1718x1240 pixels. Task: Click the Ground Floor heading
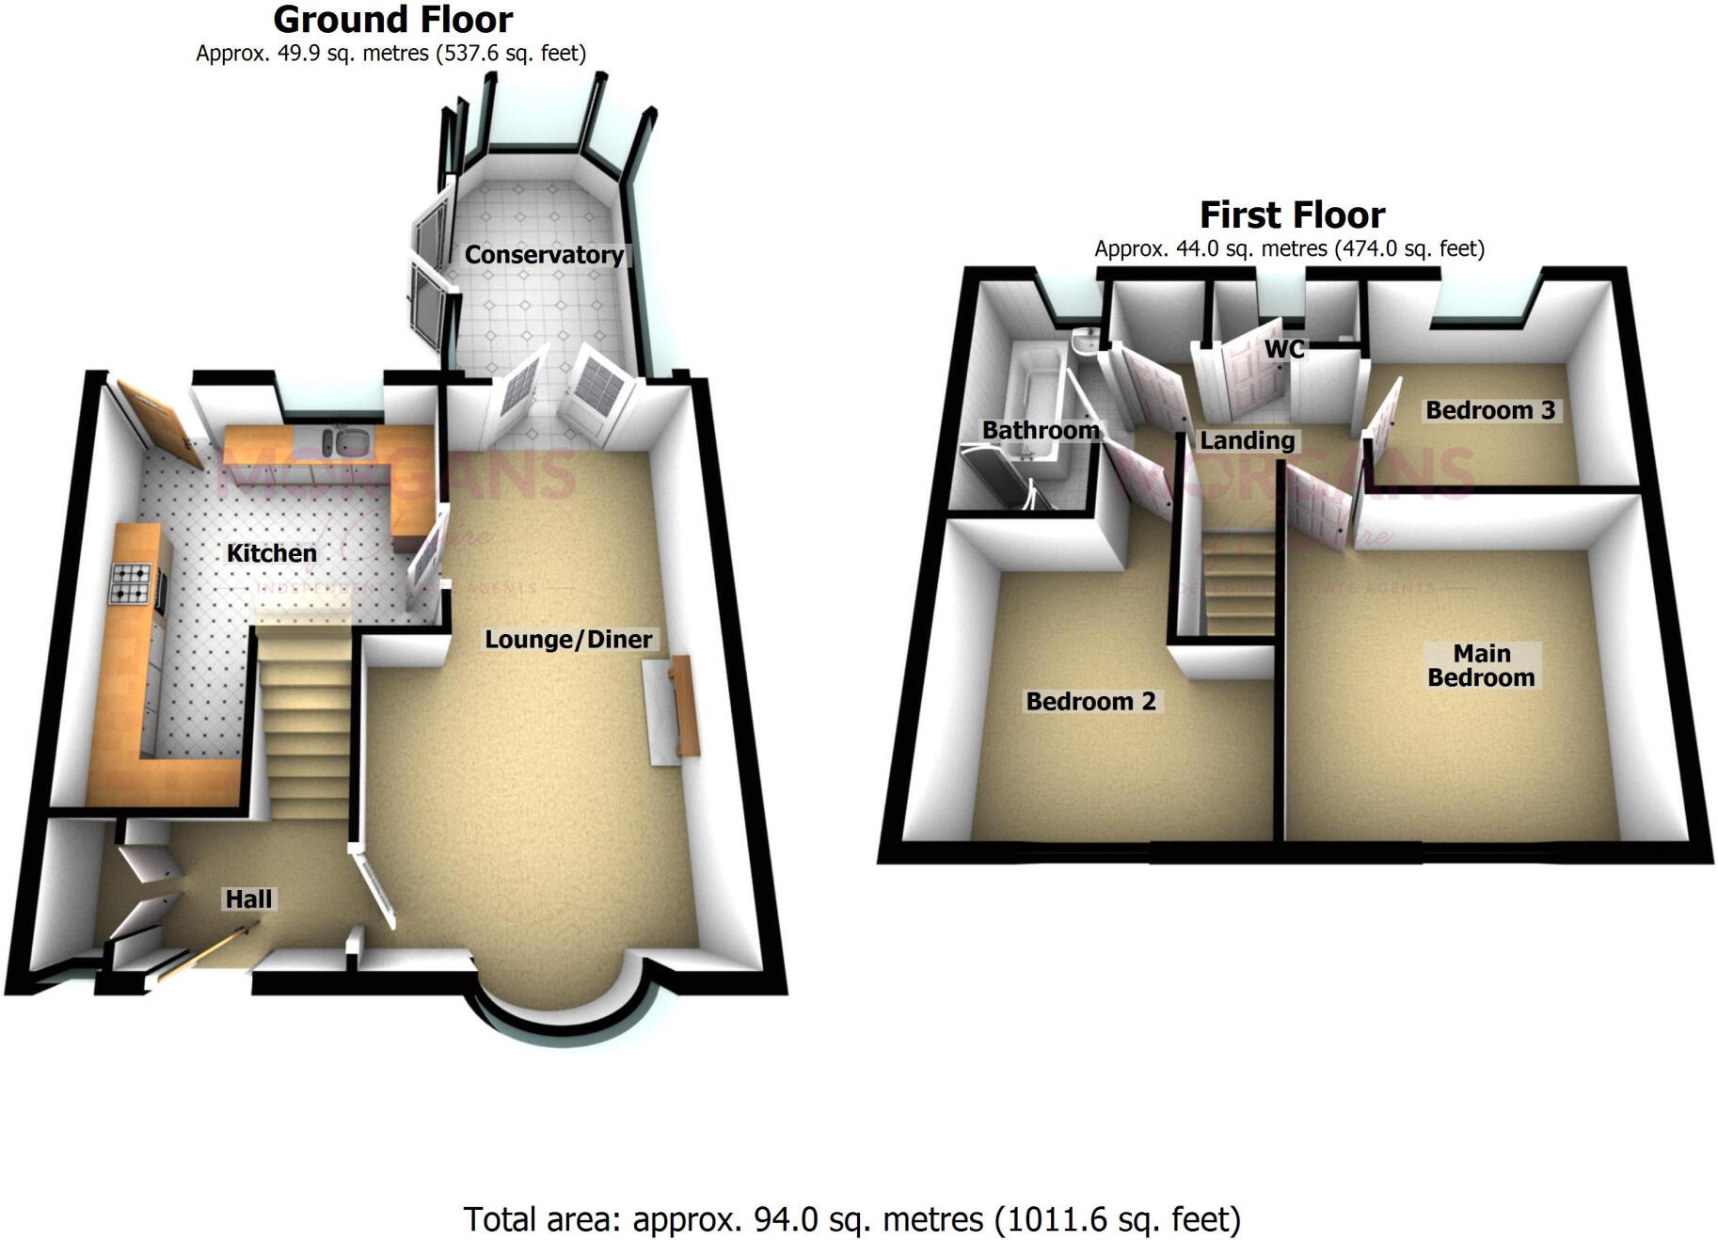[x=392, y=20]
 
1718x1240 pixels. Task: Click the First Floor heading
[x=1292, y=215]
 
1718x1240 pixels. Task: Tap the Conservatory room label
[x=544, y=255]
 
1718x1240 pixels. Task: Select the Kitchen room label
[x=272, y=553]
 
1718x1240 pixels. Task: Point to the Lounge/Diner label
[x=568, y=640]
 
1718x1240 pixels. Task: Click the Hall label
[x=248, y=899]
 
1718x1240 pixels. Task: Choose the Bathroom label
[x=1041, y=430]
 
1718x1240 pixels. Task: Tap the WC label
[x=1284, y=349]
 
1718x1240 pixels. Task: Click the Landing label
[x=1248, y=440]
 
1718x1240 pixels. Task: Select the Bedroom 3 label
[x=1490, y=410]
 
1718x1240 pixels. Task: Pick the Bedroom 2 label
[x=1090, y=702]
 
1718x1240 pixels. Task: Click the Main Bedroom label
[x=1481, y=665]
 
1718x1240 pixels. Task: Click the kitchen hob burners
[x=131, y=582]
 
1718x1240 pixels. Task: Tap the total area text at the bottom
[x=852, y=1219]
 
